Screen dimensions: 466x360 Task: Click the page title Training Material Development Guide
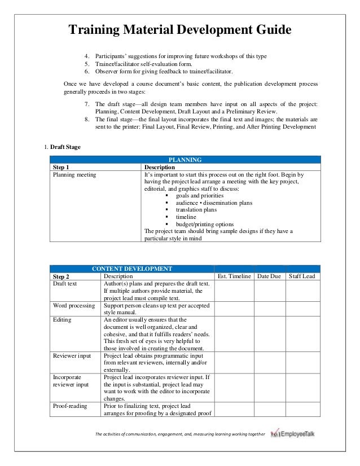[179, 29]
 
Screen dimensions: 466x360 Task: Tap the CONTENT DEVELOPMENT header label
[132, 269]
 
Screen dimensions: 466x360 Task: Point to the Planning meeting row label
[74, 175]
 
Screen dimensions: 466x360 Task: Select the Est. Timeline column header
[234, 276]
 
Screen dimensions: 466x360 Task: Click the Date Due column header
[269, 276]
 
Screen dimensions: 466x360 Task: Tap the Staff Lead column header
[302, 276]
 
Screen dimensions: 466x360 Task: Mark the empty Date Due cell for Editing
[269, 333]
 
